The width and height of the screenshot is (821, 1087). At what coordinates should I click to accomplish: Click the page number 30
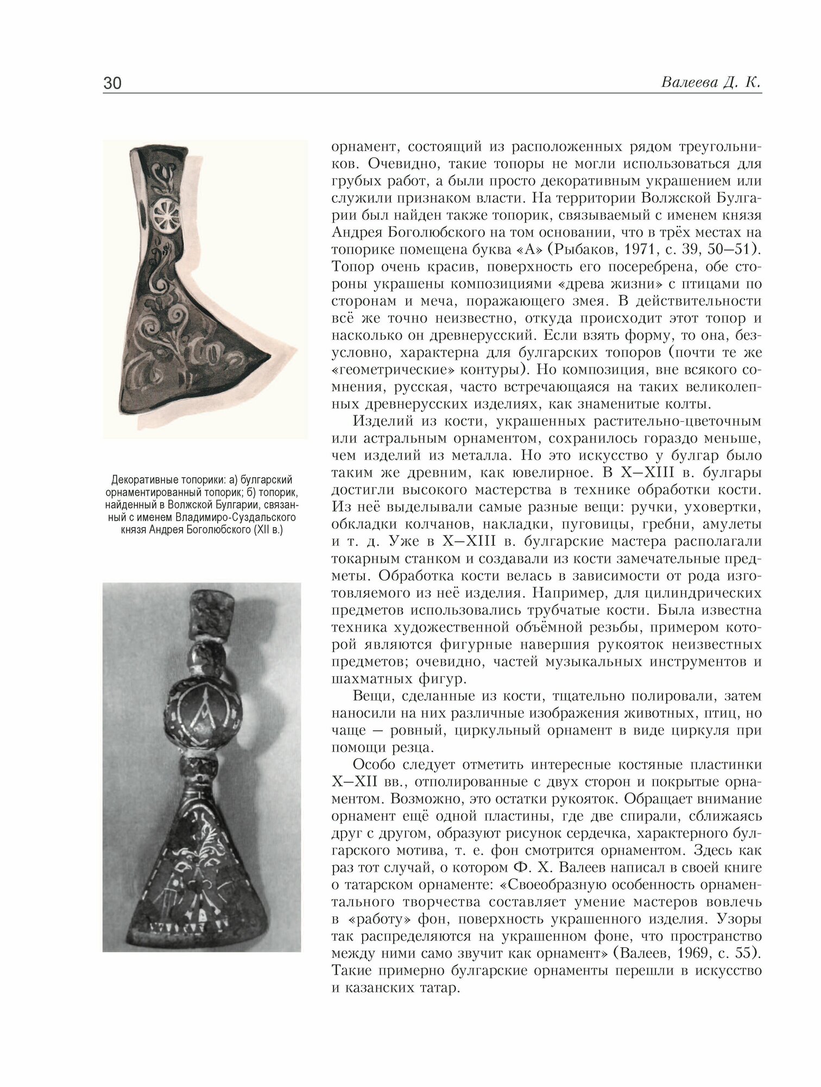point(112,83)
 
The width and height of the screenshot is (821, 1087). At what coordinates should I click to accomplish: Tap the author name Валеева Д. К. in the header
point(711,83)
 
